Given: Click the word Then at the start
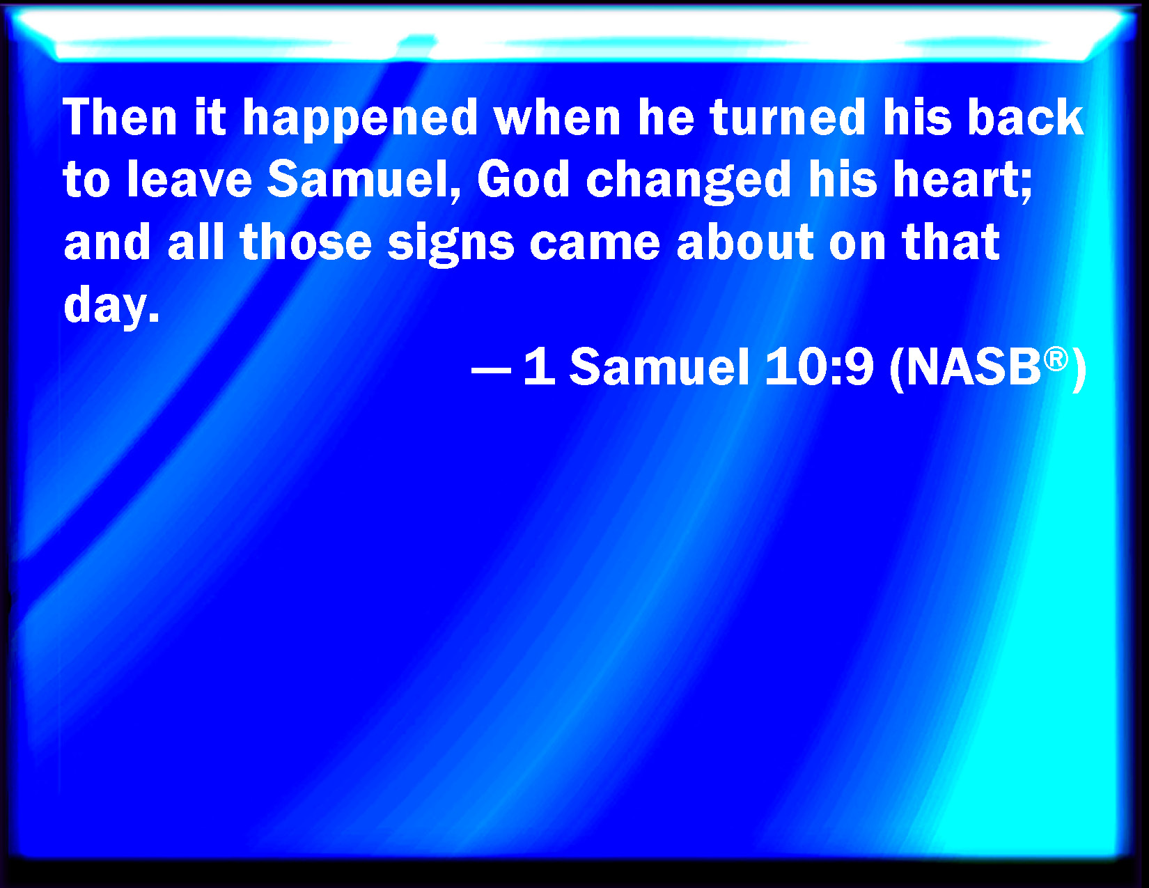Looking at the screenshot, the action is (120, 117).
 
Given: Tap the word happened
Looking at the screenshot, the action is (360, 120).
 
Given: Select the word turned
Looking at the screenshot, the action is (788, 117).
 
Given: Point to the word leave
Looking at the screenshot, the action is (189, 179).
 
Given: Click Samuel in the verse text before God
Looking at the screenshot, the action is (364, 180).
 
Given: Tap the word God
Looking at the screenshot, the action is (524, 179).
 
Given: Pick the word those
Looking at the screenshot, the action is (306, 242).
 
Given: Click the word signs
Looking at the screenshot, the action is (451, 245).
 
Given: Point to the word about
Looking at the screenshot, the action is (744, 242).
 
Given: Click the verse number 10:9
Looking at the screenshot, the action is (818, 367).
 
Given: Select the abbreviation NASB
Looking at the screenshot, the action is (974, 367).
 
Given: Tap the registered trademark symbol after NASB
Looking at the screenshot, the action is (1056, 359).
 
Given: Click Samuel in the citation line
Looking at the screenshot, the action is (659, 367).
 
